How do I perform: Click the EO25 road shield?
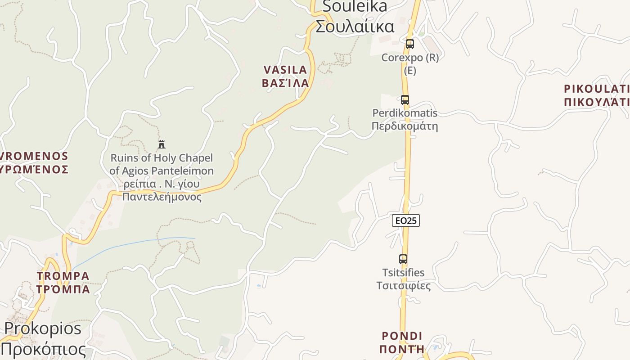tap(406, 220)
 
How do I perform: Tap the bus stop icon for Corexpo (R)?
tap(409, 44)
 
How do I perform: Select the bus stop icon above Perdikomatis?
tap(405, 100)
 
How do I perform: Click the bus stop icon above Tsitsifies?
tap(403, 259)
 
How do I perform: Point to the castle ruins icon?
tap(162, 144)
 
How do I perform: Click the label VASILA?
tap(285, 70)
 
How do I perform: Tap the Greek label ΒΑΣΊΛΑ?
tap(285, 83)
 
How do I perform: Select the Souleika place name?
tap(355, 6)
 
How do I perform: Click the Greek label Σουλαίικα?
tap(355, 26)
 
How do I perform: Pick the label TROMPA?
tap(63, 275)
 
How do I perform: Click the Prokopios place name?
tap(43, 328)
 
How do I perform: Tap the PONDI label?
tap(402, 336)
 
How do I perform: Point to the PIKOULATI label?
tap(596, 88)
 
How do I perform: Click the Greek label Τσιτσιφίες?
tap(404, 286)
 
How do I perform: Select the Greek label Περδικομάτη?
tap(405, 126)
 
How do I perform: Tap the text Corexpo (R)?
tap(409, 58)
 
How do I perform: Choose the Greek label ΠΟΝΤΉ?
tap(402, 349)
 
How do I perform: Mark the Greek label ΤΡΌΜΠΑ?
tap(63, 289)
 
